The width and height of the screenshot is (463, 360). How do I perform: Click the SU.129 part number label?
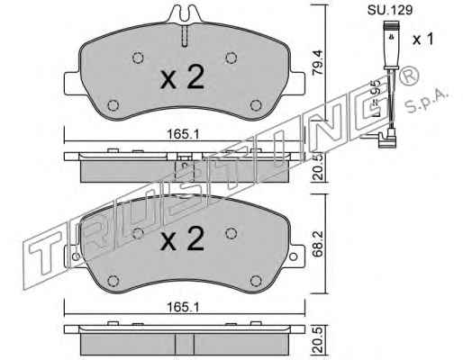(390, 10)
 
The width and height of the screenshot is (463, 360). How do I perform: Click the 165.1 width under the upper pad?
(183, 134)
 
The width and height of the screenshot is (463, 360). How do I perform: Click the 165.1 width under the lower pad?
(183, 307)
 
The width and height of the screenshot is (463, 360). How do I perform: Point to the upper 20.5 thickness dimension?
(318, 167)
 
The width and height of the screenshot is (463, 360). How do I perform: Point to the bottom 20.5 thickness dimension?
(318, 340)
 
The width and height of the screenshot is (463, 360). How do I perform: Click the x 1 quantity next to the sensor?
(422, 40)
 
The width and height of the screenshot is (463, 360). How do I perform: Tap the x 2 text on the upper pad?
(182, 76)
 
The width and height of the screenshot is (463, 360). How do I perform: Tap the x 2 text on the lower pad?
(182, 238)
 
